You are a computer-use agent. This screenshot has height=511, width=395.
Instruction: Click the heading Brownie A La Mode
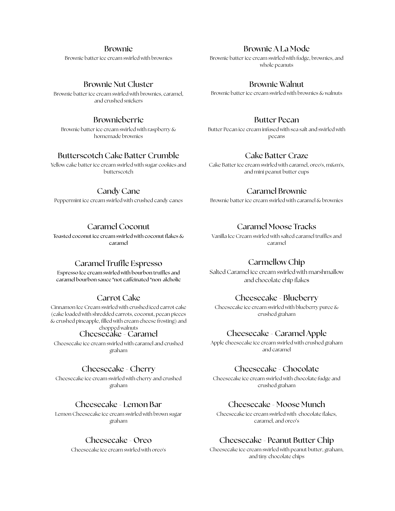276,49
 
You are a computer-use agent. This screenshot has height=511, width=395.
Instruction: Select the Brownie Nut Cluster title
118,84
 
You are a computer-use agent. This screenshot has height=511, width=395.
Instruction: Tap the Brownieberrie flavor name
118,120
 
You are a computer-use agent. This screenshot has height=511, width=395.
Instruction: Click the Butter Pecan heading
276,120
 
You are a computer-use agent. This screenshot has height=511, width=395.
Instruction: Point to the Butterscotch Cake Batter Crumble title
118,155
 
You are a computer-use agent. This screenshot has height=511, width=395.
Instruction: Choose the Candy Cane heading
118,191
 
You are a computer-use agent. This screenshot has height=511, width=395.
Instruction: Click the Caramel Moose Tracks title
276,227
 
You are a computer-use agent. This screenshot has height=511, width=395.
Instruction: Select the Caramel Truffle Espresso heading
118,263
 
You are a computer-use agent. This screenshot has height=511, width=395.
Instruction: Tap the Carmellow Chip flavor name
276,262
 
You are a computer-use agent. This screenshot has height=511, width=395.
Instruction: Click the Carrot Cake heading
118,298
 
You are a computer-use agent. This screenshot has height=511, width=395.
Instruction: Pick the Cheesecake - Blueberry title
276,298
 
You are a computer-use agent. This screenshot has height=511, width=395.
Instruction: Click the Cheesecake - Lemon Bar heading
118,404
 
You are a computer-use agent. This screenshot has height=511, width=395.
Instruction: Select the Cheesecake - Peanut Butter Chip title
276,440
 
